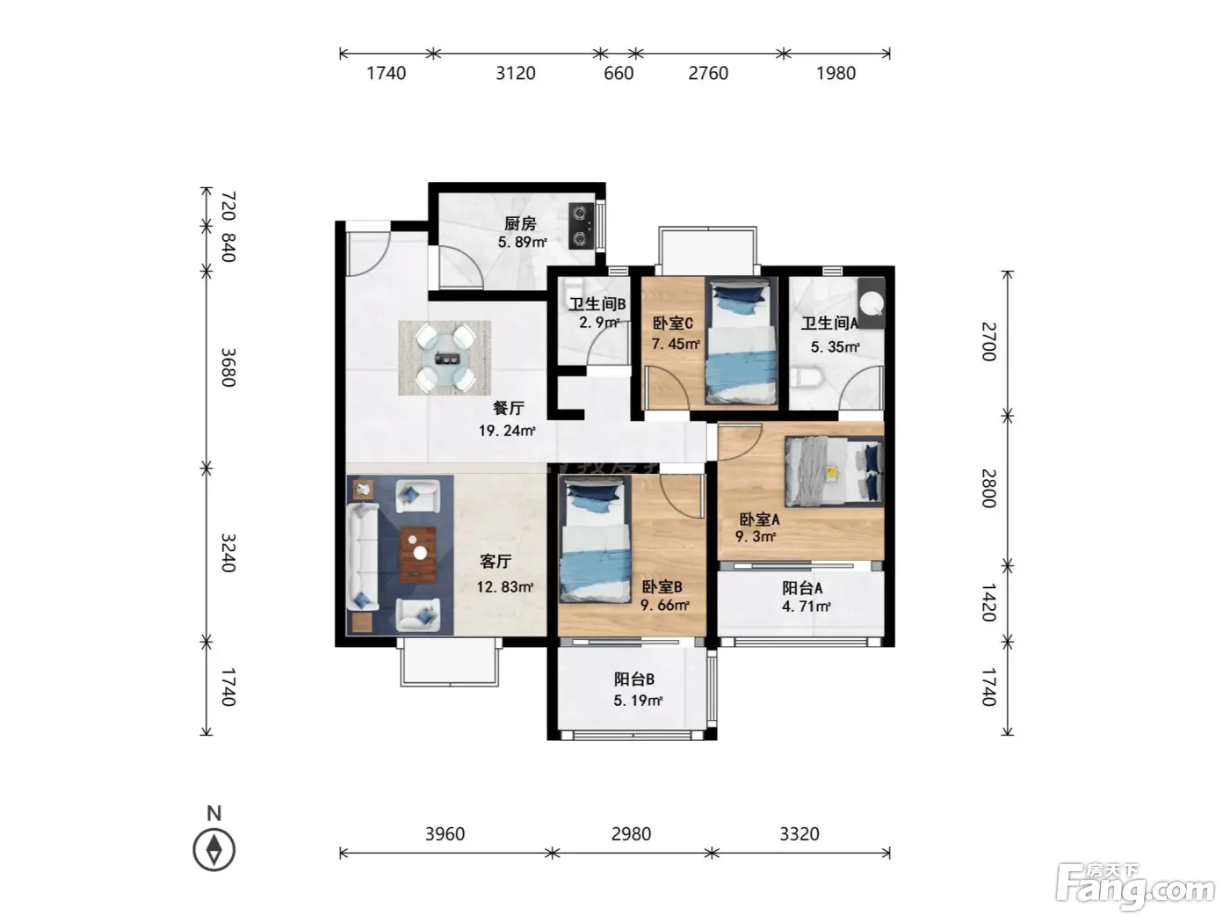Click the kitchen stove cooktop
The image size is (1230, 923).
click(x=581, y=226)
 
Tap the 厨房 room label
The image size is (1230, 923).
click(x=520, y=223)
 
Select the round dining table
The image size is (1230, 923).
click(x=446, y=358)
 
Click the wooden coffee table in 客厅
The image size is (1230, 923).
click(x=418, y=555)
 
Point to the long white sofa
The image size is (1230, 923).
click(x=363, y=556)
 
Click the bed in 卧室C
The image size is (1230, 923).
click(x=742, y=343)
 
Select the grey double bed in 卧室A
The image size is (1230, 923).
click(x=834, y=471)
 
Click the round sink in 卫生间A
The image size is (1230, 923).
click(x=871, y=303)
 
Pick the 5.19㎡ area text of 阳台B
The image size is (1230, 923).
click(x=638, y=700)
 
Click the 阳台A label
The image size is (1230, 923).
click(x=802, y=588)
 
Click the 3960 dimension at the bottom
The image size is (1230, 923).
click(x=445, y=834)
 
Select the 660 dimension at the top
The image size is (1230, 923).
click(x=619, y=73)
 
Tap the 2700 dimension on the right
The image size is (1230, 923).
click(x=989, y=341)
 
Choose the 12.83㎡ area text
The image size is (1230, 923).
click(x=504, y=586)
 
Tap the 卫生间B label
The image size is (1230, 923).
click(x=597, y=304)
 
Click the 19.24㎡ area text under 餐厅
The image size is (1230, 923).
click(x=507, y=431)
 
